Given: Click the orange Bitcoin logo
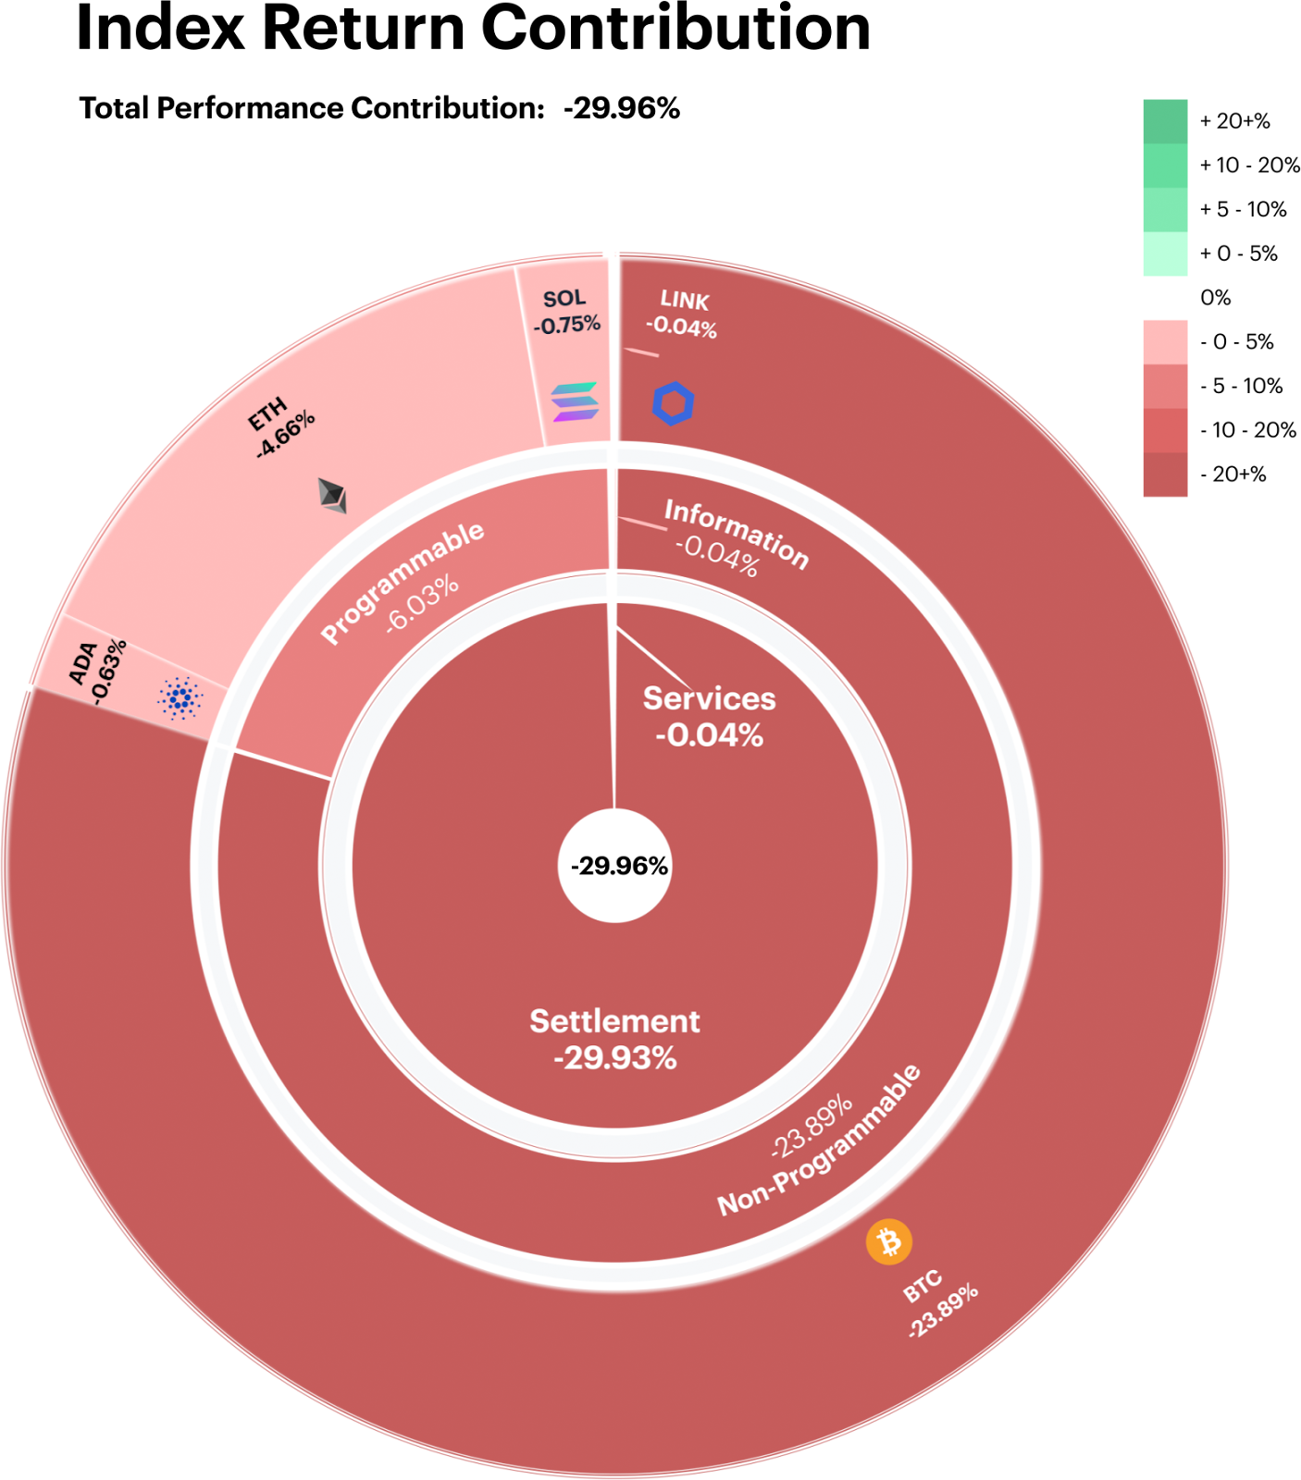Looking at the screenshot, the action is click(889, 1241).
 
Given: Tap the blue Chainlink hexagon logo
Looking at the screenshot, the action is click(674, 403).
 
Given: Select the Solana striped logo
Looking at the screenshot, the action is click(575, 401).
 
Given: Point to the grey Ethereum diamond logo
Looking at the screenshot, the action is click(333, 495).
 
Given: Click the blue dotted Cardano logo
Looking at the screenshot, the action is click(180, 698).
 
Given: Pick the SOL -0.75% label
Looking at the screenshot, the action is click(566, 312).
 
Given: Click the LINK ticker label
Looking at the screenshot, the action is click(685, 301).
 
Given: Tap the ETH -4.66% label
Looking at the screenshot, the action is click(281, 426).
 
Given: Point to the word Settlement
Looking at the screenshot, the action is click(614, 1021).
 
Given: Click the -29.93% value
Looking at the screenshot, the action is click(615, 1057).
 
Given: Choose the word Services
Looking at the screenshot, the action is click(709, 698).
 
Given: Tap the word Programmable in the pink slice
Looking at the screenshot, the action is click(402, 582).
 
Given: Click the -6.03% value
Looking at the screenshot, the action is click(422, 603).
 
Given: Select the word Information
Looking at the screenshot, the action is click(737, 533).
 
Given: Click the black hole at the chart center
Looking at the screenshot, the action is click(614, 866).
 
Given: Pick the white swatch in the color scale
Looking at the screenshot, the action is click(1165, 298).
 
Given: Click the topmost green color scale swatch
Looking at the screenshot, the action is click(1165, 120).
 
